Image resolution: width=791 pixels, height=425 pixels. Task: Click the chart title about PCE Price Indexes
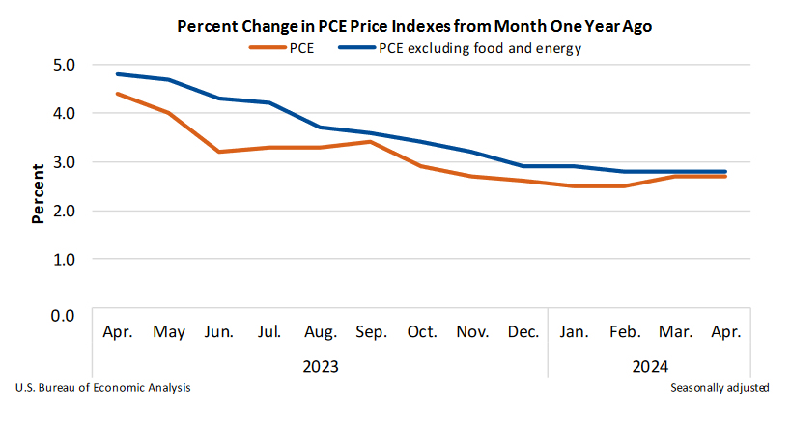click(x=414, y=26)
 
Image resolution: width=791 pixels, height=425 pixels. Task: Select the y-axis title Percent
click(x=38, y=187)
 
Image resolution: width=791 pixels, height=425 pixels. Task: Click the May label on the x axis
click(x=168, y=332)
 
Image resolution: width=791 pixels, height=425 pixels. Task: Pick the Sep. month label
click(x=371, y=332)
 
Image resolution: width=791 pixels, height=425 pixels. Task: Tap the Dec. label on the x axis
click(x=523, y=332)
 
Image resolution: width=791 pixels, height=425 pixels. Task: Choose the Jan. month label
click(x=574, y=332)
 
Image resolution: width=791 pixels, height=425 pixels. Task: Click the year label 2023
click(x=320, y=366)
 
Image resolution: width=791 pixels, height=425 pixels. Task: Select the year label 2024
click(x=649, y=366)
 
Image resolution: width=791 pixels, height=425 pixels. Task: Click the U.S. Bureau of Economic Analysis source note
click(x=103, y=387)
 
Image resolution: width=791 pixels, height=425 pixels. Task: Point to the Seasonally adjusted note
click(x=720, y=387)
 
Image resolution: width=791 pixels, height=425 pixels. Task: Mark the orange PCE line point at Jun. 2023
click(x=219, y=152)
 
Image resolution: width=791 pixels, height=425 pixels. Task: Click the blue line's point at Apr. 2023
click(x=118, y=74)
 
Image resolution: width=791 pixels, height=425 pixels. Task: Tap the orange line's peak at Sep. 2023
click(x=371, y=142)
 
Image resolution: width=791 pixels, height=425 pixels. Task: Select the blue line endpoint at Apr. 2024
click(x=725, y=172)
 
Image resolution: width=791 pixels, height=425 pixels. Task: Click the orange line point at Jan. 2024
click(x=574, y=185)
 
